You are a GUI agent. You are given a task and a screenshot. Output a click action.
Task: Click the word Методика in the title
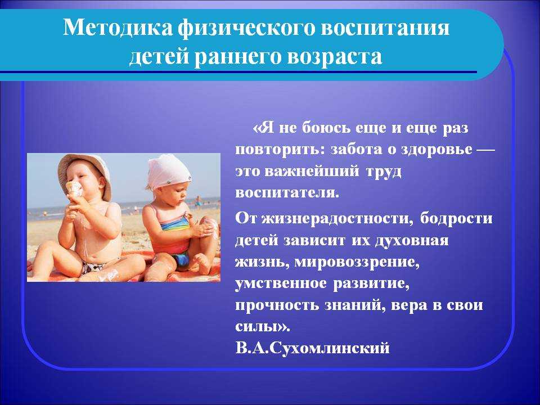118,28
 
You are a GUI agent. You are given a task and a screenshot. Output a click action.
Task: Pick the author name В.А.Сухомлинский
313,348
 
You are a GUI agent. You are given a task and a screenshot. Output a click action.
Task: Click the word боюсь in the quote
326,128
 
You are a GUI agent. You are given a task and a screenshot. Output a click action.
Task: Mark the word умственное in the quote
281,283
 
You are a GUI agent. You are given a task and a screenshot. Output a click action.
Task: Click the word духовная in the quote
411,240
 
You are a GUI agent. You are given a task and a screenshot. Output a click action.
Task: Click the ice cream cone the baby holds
74,190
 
